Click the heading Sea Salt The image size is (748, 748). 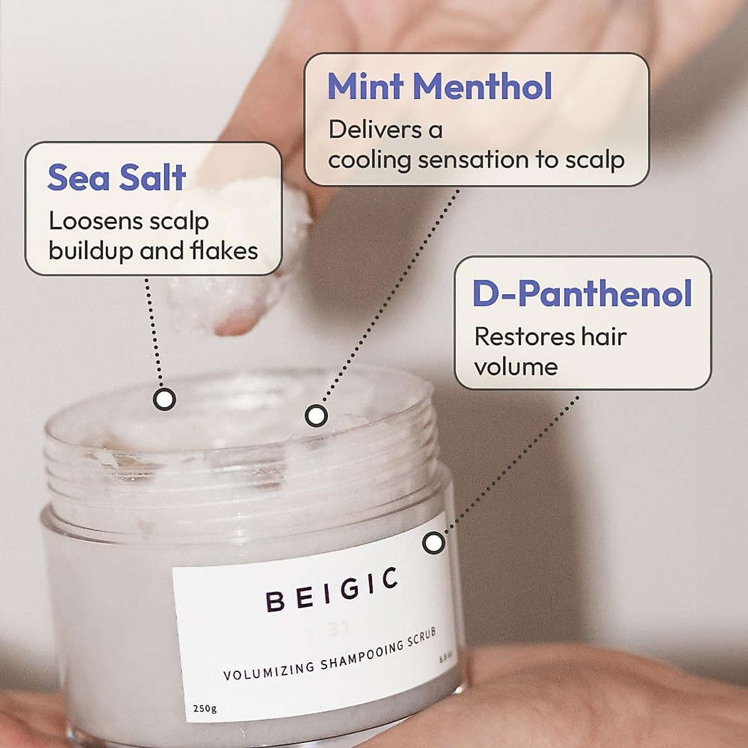117,178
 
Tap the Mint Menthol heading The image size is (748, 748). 439,87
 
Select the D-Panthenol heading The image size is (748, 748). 582,294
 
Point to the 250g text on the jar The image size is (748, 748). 204,708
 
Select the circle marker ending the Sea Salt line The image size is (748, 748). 165,399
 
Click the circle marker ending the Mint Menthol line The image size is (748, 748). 316,415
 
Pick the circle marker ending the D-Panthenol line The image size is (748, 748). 434,543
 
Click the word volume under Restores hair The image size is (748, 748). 515,367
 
